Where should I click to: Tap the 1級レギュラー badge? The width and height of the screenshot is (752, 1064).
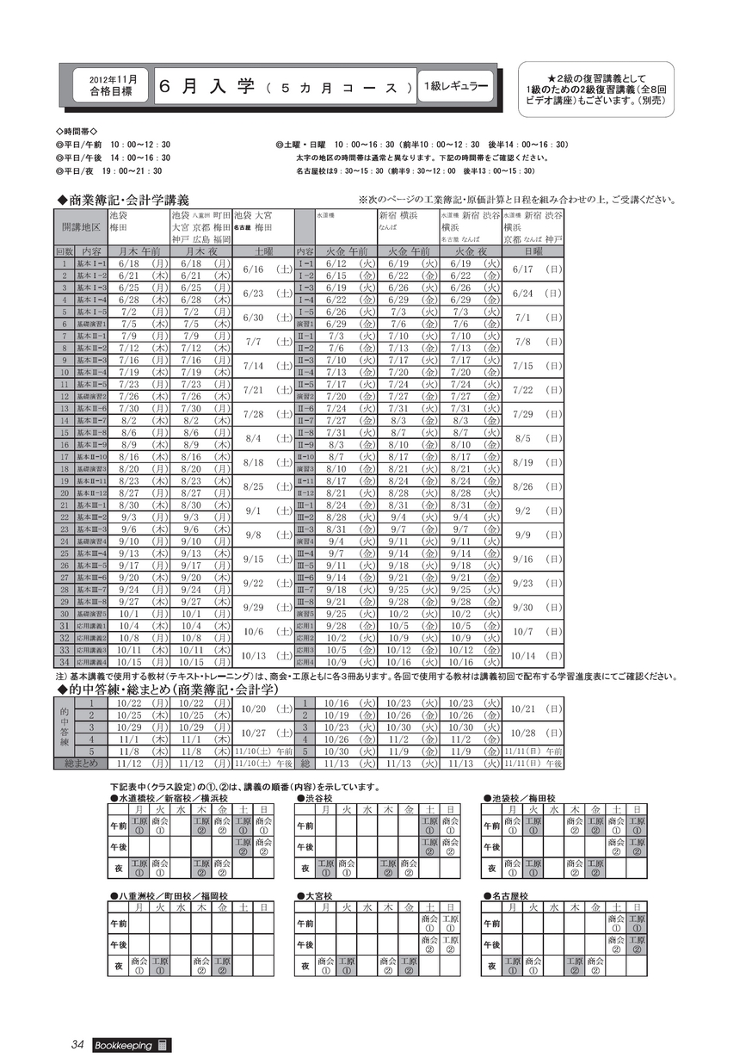[456, 86]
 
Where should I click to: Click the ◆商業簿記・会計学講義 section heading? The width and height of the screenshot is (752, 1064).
[123, 200]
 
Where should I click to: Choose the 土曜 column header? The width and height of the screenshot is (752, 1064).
[262, 251]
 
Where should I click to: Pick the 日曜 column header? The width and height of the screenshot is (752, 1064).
[533, 251]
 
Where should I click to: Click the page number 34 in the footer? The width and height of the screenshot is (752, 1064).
[77, 1045]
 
